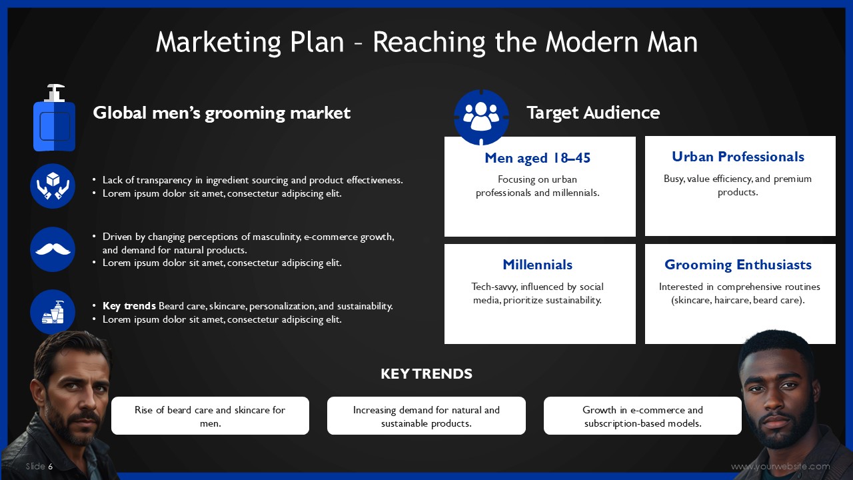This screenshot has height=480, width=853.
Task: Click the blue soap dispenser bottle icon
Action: pyautogui.click(x=54, y=118)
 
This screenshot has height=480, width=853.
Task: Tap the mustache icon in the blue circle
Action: pyautogui.click(x=53, y=249)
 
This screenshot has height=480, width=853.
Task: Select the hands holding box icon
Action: pyautogui.click(x=53, y=186)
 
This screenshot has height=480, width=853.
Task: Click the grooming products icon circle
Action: pyautogui.click(x=53, y=312)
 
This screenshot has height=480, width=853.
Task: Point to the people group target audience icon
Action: pyautogui.click(x=481, y=117)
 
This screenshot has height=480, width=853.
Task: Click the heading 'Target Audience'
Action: pyautogui.click(x=593, y=113)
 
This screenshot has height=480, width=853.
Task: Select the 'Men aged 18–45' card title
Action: pyautogui.click(x=537, y=158)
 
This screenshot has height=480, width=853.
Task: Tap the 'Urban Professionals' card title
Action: pyautogui.click(x=738, y=157)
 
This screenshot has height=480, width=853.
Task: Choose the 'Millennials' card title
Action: pyautogui.click(x=537, y=265)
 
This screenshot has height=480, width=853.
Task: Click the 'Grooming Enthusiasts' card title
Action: pyautogui.click(x=738, y=265)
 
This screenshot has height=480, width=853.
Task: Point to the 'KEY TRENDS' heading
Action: pyautogui.click(x=426, y=374)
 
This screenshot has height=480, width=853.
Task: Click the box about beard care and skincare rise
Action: pyautogui.click(x=210, y=415)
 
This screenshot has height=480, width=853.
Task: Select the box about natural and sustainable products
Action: pyautogui.click(x=426, y=415)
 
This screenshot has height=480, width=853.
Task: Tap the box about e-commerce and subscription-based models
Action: pyautogui.click(x=642, y=415)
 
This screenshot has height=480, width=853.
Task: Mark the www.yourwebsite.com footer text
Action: pyautogui.click(x=780, y=466)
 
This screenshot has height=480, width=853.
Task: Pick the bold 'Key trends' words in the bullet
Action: pyautogui.click(x=129, y=306)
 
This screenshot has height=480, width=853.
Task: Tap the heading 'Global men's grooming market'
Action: pyautogui.click(x=222, y=113)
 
